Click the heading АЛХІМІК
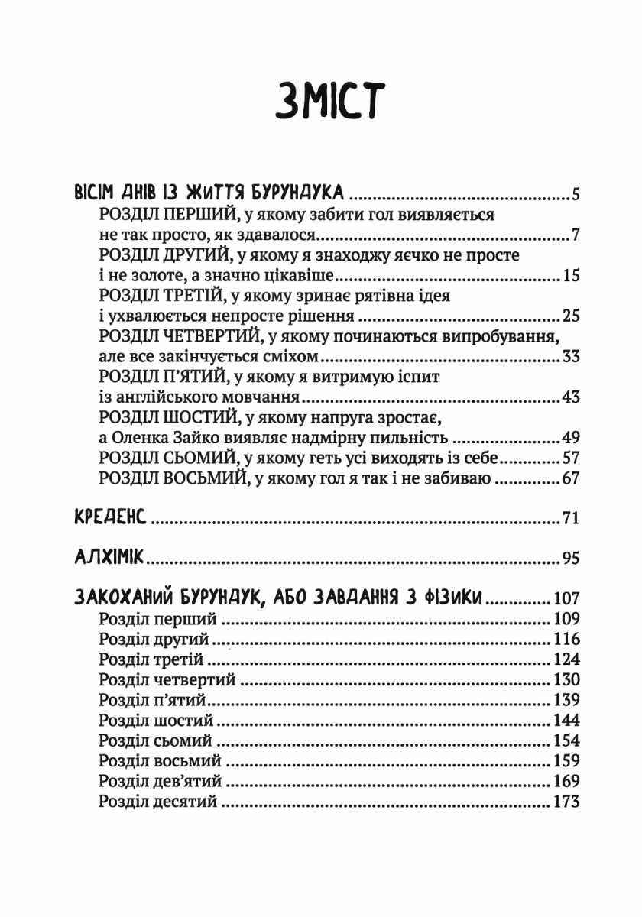pyautogui.click(x=108, y=557)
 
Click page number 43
pyautogui.click(x=570, y=397)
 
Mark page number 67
pyautogui.click(x=570, y=479)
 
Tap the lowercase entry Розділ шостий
pyautogui.click(x=156, y=721)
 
